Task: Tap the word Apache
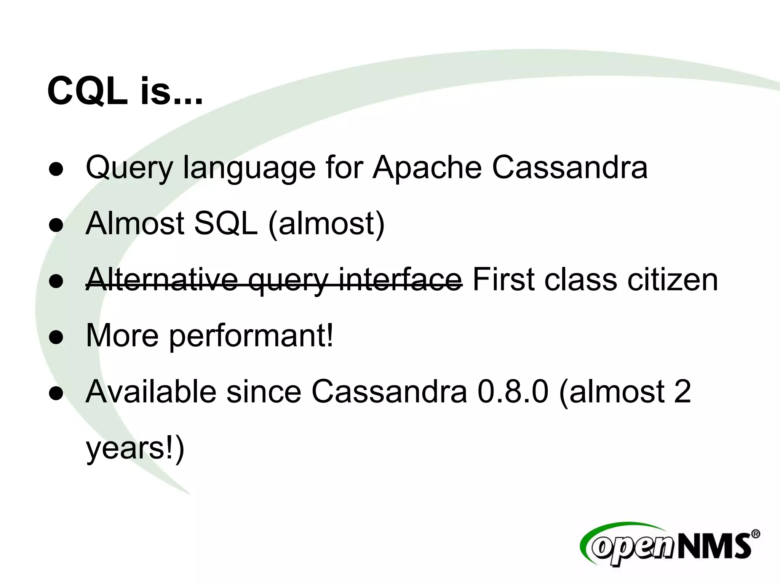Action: pyautogui.click(x=427, y=168)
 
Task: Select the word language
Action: pyautogui.click(x=249, y=168)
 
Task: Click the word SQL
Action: pyautogui.click(x=226, y=224)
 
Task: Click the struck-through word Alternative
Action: pyautogui.click(x=162, y=280)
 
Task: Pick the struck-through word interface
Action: pyautogui.click(x=400, y=280)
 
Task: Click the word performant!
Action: pyautogui.click(x=251, y=336)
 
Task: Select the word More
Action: pyautogui.click(x=122, y=336)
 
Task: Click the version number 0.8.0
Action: pyautogui.click(x=513, y=392)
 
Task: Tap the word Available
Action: pyautogui.click(x=151, y=392)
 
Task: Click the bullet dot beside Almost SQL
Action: pyautogui.click(x=56, y=225)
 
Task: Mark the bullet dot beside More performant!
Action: pyautogui.click(x=56, y=337)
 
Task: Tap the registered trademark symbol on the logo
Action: pyautogui.click(x=756, y=534)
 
